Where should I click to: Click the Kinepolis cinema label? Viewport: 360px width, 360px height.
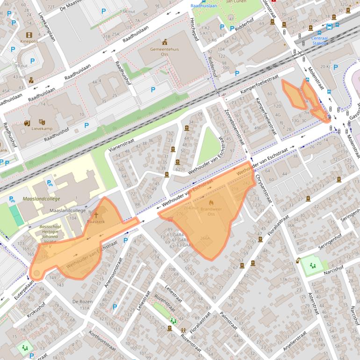(29, 41)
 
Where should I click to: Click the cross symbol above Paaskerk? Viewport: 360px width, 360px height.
(97, 215)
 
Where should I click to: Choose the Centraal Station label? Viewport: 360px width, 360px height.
(319, 40)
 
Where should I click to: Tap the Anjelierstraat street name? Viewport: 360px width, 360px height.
(295, 341)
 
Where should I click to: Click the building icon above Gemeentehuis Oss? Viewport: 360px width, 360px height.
(164, 42)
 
